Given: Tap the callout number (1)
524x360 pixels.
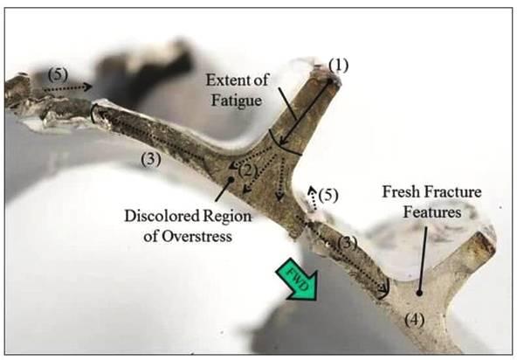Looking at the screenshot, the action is tap(338, 66).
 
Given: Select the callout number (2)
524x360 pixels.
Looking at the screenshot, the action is tap(248, 170).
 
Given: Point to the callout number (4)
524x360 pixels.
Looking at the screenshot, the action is tap(414, 320).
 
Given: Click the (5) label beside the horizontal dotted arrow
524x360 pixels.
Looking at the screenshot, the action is tap(58, 74).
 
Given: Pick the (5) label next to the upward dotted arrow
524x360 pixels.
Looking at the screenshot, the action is tap(327, 195).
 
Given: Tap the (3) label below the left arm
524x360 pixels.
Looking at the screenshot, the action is tap(151, 159).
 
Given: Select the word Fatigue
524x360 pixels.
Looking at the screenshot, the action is tap(237, 100).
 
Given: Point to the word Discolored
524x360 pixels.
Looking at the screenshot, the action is tap(161, 216).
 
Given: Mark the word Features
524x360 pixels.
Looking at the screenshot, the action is tap(432, 212).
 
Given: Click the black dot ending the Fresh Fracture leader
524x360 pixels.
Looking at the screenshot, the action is tap(419, 293).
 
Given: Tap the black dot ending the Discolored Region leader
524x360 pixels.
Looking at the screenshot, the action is tap(231, 180).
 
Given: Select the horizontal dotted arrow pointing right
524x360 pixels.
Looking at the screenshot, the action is tap(67, 87).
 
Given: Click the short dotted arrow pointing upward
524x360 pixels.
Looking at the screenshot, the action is tap(313, 197).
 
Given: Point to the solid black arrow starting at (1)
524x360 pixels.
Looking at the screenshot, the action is tap(305, 113).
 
